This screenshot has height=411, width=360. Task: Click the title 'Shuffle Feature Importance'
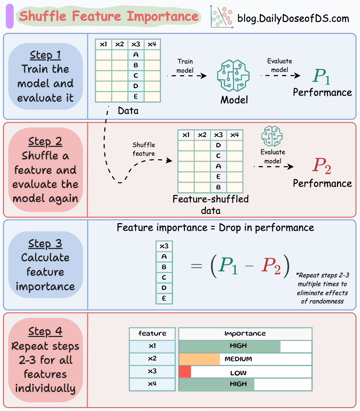tap(109, 16)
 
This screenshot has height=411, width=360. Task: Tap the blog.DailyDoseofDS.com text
tap(293, 18)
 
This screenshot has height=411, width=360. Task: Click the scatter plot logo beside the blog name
tap(221, 17)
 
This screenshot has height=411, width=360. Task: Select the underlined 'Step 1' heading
tap(45, 55)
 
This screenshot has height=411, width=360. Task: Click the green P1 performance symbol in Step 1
tap(321, 76)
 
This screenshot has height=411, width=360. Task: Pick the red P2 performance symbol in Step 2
tap(321, 166)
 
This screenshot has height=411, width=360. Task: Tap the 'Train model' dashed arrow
tap(186, 75)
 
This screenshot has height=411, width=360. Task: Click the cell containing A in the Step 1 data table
tap(136, 55)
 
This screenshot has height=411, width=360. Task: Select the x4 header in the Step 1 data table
tap(152, 44)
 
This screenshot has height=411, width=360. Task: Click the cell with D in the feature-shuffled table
tap(218, 146)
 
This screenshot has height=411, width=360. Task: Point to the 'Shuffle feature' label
tap(144, 149)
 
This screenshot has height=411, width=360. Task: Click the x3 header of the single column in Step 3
tap(164, 246)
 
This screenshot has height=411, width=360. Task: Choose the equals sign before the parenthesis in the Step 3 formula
tap(196, 266)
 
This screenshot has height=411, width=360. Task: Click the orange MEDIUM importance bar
tap(199, 359)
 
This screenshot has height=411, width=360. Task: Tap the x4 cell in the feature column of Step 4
tap(152, 384)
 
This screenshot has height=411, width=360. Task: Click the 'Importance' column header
tap(245, 333)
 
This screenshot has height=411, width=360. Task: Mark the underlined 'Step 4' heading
tap(45, 331)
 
